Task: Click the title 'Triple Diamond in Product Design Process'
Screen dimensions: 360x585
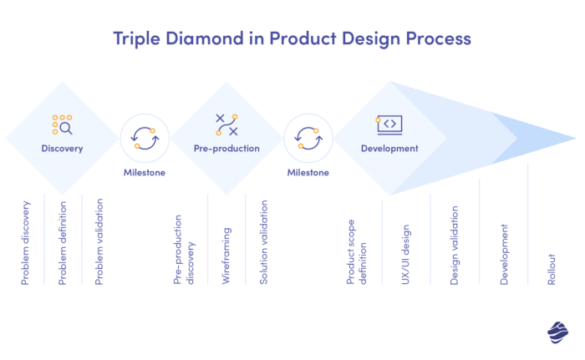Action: [x=292, y=38]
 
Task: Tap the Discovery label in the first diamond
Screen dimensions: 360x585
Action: [x=62, y=149]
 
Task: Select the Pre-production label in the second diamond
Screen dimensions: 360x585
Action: [x=226, y=149]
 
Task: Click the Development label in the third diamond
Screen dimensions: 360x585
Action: [x=389, y=149]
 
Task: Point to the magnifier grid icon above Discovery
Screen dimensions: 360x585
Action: [x=63, y=124]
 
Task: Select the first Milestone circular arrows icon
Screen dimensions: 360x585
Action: [x=145, y=138]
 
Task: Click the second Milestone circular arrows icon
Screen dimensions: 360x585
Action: [x=308, y=138]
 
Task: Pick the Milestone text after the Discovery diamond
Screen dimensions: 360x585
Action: [x=145, y=173]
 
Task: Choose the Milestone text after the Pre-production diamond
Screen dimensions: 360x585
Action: [x=308, y=173]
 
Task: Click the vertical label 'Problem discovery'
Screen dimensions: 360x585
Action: [x=26, y=242]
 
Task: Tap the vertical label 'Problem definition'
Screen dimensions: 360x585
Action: [x=63, y=243]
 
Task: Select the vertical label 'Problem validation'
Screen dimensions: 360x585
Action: [x=99, y=242]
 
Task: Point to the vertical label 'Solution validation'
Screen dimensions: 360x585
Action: [x=263, y=242]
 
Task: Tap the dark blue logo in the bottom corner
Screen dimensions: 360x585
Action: [x=557, y=332]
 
